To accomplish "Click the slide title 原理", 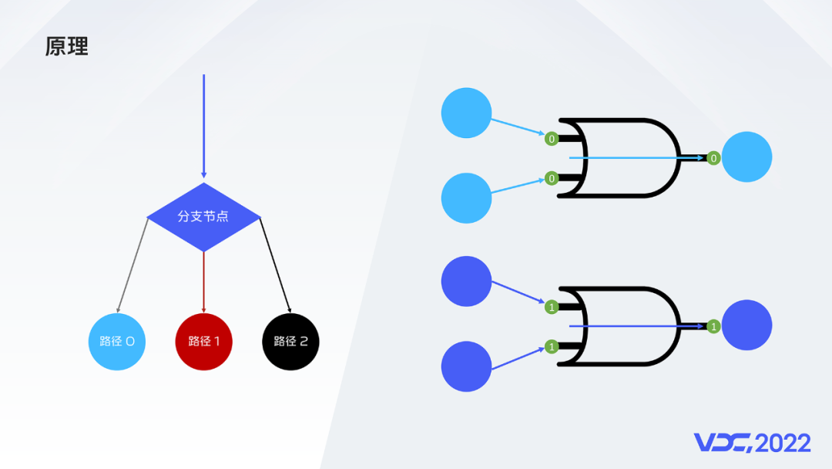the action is (66, 46).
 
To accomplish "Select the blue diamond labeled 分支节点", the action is (203, 217).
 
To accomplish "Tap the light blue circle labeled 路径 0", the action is (117, 342).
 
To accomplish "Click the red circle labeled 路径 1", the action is (203, 342).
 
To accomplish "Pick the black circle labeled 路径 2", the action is (290, 342).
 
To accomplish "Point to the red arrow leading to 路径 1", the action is (203, 282).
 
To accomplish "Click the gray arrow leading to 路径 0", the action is (133, 265).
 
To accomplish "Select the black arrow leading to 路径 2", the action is (275, 265).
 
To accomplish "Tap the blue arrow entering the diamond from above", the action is (203, 127).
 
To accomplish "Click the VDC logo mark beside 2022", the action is (723, 443).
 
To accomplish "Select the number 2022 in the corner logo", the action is (783, 443).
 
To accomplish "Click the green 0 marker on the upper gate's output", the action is (713, 158).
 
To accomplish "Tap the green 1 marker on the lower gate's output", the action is (713, 326).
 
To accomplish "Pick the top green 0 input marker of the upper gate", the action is (552, 139).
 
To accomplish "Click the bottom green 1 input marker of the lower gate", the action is (552, 346).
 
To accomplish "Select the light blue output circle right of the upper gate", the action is (746, 157).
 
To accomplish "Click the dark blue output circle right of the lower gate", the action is (746, 325).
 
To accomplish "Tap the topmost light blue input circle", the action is (466, 113).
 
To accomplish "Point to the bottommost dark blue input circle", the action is (466, 366).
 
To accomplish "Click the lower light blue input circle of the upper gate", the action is (466, 198).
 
